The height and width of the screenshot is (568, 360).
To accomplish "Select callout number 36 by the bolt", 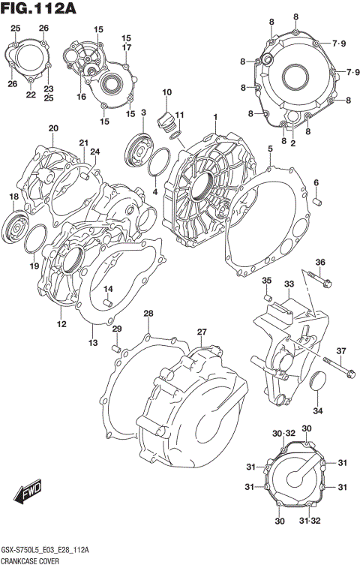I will pyautogui.click(x=320, y=262).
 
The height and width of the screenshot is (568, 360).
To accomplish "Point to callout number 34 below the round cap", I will pyautogui.click(x=318, y=410).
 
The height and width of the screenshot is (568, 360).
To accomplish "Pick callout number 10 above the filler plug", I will pyautogui.click(x=166, y=92).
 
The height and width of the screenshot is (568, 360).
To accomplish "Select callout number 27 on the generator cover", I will pyautogui.click(x=202, y=332).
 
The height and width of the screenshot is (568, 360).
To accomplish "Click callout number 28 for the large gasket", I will pyautogui.click(x=148, y=313).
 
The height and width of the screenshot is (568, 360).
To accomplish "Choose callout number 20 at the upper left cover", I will pyautogui.click(x=53, y=128).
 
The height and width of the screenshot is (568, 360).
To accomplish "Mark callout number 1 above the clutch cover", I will pyautogui.click(x=215, y=117).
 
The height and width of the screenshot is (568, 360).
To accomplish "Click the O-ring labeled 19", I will pyautogui.click(x=34, y=243).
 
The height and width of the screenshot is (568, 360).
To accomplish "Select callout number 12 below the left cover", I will pyautogui.click(x=61, y=324).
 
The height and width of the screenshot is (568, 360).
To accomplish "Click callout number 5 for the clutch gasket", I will pyautogui.click(x=269, y=149).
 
